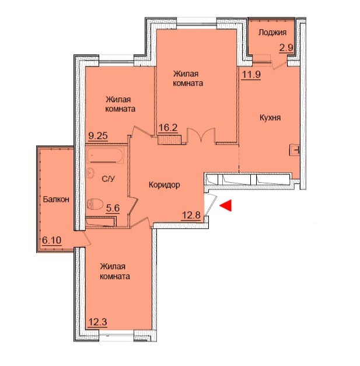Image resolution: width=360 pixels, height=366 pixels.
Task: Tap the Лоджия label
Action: (x=272, y=33)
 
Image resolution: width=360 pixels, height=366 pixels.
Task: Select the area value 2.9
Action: (x=286, y=48)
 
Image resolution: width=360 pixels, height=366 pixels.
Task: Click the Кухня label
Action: (x=270, y=118)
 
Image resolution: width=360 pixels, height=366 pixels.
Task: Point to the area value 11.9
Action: (x=251, y=75)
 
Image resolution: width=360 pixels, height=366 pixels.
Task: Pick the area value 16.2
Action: (x=168, y=128)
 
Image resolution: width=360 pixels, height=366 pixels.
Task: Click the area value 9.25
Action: (x=98, y=135)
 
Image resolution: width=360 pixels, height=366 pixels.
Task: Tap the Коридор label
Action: (x=165, y=185)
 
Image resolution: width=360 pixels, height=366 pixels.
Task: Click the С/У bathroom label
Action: (x=109, y=179)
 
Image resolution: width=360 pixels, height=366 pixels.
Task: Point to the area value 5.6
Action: (x=113, y=208)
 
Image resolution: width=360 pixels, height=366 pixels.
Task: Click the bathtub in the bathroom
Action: (x=105, y=155)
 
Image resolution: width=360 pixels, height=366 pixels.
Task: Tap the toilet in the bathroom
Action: (x=95, y=204)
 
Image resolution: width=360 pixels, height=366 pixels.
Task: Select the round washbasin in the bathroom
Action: (x=90, y=173)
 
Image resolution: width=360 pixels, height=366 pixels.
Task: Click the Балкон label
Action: (x=56, y=199)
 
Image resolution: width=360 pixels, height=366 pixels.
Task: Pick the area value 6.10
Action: (x=52, y=240)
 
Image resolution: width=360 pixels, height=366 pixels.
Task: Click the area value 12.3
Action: (x=98, y=322)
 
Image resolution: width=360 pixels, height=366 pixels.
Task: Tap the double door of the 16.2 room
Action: (x=201, y=135)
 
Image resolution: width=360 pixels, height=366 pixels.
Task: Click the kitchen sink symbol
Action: (x=295, y=150)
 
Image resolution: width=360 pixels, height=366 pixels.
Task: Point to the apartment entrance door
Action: (x=211, y=204)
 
